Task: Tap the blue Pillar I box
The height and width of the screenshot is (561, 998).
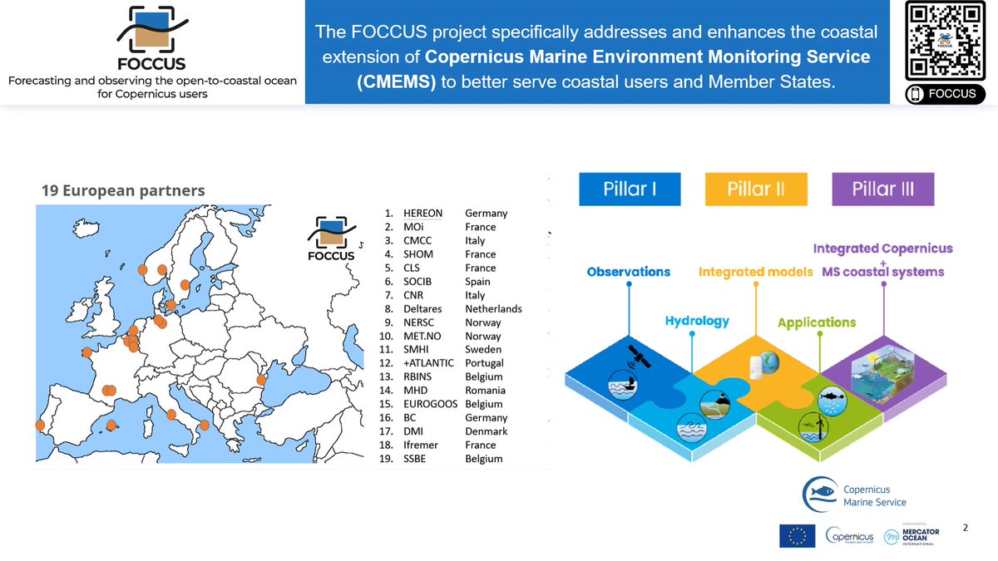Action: click(x=630, y=189)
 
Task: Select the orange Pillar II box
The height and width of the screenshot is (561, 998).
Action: click(x=755, y=189)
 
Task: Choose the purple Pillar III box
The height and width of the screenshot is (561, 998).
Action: click(x=882, y=189)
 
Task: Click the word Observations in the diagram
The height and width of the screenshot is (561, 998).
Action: click(x=629, y=272)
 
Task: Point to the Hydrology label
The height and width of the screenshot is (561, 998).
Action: click(x=697, y=321)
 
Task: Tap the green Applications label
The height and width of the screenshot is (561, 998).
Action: click(x=817, y=322)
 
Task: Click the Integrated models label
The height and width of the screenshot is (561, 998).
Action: click(x=756, y=272)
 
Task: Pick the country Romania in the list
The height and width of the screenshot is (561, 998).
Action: click(x=487, y=391)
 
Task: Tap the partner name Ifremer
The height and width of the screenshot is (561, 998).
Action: click(x=422, y=445)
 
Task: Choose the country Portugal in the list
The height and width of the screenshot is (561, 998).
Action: click(x=485, y=363)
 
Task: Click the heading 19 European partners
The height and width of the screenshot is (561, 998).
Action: click(x=123, y=190)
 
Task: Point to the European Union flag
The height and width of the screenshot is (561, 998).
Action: click(x=797, y=536)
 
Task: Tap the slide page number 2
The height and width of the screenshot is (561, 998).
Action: click(x=965, y=528)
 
